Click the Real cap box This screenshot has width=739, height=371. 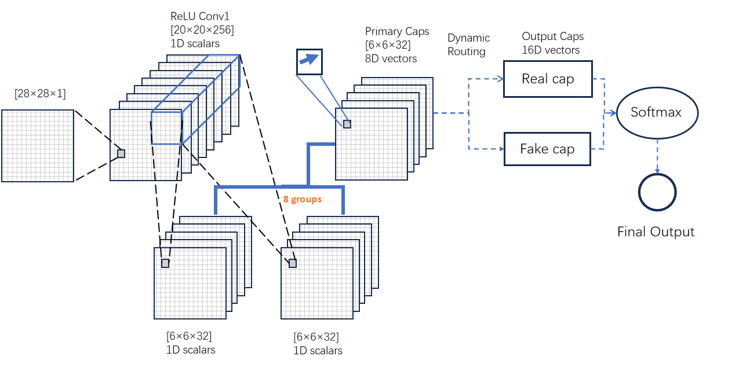point(548,79)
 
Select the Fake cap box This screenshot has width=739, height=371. point(547,149)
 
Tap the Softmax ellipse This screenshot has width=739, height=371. point(656,112)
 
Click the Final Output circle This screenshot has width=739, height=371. point(657,192)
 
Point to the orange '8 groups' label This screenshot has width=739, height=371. point(302,199)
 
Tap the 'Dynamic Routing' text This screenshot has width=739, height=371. point(468,45)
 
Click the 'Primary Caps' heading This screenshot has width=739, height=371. point(397,31)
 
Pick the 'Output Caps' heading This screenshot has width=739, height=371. point(552,36)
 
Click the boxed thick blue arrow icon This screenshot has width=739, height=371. point(309,61)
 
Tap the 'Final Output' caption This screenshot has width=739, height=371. point(656,232)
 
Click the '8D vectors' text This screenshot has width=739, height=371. point(391,58)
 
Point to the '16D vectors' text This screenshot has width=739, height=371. point(551,50)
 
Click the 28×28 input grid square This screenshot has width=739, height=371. point(38,146)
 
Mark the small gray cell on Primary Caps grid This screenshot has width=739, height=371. point(347,124)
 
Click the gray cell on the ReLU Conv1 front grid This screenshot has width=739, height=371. point(121,153)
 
